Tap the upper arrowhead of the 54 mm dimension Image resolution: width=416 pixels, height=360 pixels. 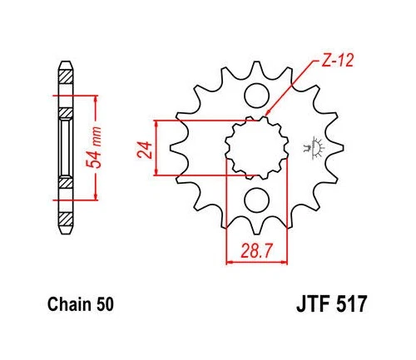point(99,99)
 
